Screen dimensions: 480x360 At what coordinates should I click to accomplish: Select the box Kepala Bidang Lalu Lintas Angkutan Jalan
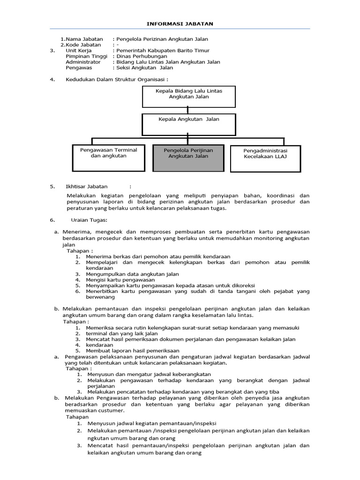pos(189,96)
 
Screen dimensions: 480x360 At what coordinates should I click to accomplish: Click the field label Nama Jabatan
pos(84,39)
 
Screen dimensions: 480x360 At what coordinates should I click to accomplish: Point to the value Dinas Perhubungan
pos(140,56)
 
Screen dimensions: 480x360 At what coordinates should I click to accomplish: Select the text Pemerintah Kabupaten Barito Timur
pos(163,51)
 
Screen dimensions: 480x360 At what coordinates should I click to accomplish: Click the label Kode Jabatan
pos(84,45)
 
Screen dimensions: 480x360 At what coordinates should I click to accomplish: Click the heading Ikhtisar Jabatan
pos(86,186)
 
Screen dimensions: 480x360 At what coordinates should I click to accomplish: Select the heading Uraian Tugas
pos(89,220)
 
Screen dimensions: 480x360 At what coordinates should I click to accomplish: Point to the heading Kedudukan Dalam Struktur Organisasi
pos(116,79)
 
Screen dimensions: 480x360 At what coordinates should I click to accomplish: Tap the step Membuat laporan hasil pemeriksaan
pos(133,351)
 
